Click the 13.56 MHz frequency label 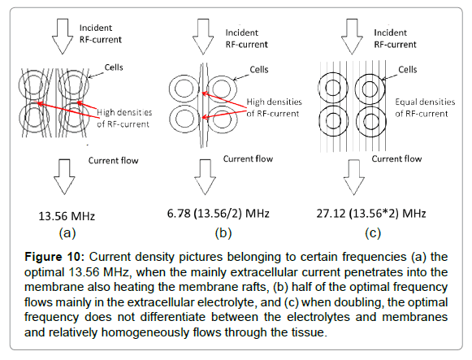click(x=67, y=216)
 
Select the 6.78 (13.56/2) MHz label click(x=219, y=214)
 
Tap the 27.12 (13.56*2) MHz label click(x=371, y=214)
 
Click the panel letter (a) click(x=67, y=233)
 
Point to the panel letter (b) click(x=223, y=233)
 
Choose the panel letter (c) click(x=373, y=233)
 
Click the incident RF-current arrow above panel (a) click(x=63, y=37)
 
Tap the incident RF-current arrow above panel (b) click(x=203, y=37)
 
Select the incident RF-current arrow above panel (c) click(x=352, y=37)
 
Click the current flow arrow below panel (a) click(x=64, y=176)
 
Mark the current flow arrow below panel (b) click(x=205, y=177)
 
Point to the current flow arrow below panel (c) click(x=354, y=177)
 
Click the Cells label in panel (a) click(x=114, y=67)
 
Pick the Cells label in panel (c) click(x=408, y=70)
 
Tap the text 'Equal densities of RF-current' click(x=425, y=108)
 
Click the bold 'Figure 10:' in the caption click(x=53, y=257)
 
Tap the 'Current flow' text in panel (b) click(x=248, y=159)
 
